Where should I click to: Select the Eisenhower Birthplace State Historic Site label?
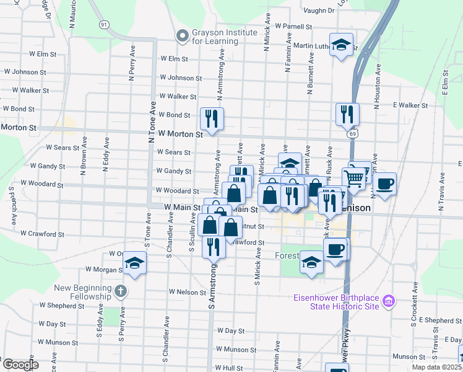(335, 302)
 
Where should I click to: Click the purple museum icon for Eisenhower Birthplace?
(389, 301)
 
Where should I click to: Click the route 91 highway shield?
(103, 24)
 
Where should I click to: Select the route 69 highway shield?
(352, 133)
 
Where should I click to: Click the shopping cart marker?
(353, 179)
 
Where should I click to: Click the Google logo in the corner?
(20, 365)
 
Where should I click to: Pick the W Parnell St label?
(294, 27)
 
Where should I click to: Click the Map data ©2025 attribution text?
(437, 368)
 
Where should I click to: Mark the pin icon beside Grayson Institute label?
(182, 36)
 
